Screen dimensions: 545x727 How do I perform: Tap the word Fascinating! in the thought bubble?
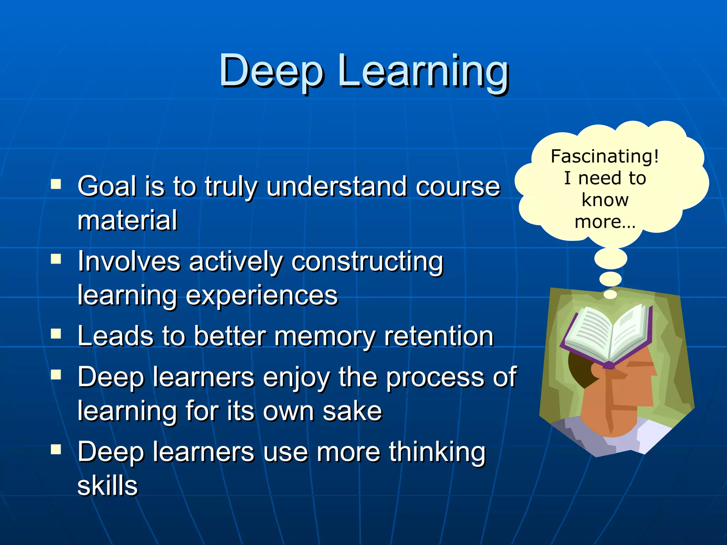point(605,156)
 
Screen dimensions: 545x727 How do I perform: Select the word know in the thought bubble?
point(605,200)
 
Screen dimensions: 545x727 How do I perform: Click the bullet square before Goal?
point(56,184)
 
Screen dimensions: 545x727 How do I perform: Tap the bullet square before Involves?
point(56,259)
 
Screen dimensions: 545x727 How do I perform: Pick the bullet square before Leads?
point(56,334)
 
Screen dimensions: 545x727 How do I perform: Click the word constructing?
point(367,262)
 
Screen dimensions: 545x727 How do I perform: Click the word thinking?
point(437,452)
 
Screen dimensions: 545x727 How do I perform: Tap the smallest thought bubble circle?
point(610,294)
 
